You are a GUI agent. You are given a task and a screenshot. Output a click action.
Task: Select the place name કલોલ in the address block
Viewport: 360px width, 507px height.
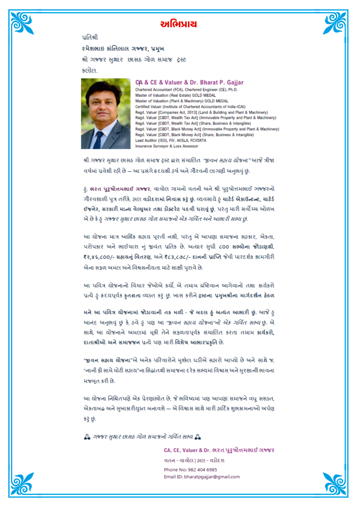[89, 71]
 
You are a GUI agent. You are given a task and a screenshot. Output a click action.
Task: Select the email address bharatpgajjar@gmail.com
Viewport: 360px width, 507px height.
[202, 477]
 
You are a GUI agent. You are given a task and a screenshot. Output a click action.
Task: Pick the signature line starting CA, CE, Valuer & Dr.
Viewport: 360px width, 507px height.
[219, 450]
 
